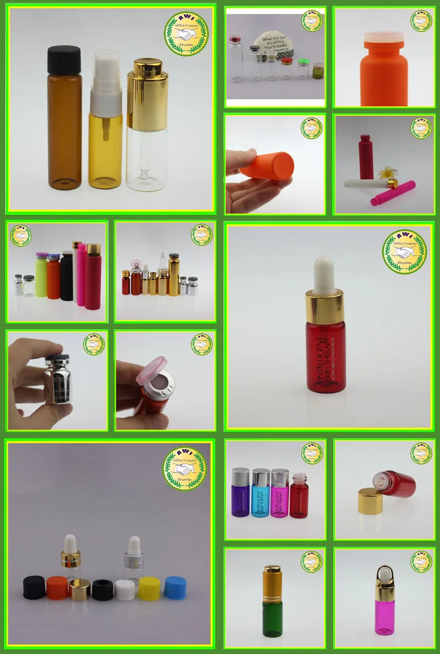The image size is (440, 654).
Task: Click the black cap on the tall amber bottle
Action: click(65, 59)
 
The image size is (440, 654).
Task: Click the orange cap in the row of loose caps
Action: click(57, 588)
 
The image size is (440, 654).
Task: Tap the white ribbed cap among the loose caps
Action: click(125, 588)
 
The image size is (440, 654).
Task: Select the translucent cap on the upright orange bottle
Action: click(384, 40)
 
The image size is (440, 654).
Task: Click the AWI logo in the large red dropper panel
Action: click(405, 251)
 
